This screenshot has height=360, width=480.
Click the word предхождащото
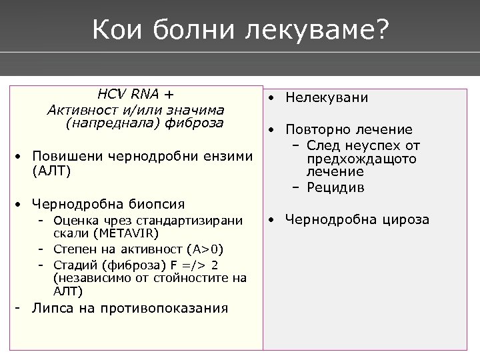coord(360,159)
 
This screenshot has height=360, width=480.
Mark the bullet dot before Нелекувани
coord(271,98)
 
